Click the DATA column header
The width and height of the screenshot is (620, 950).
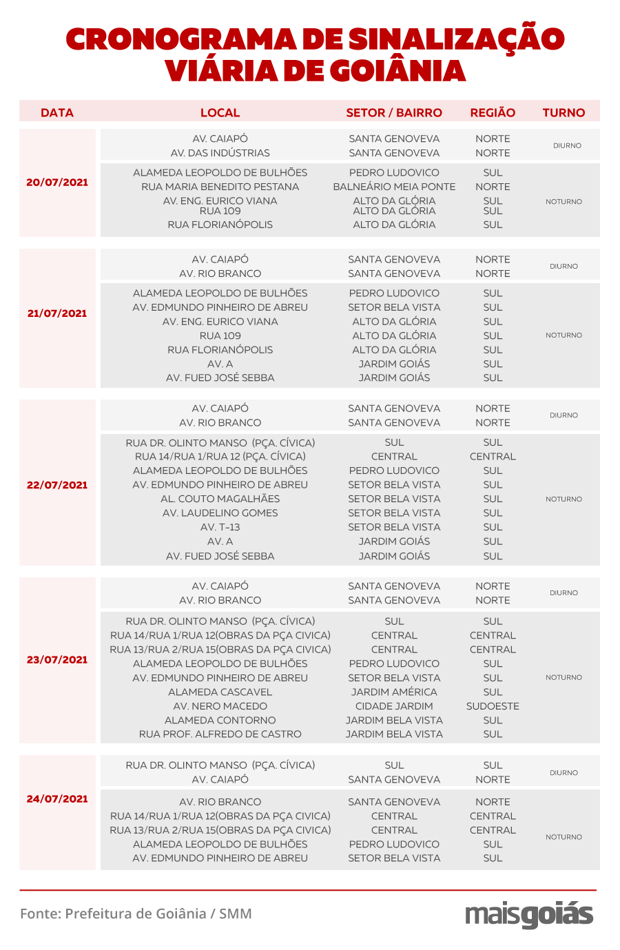point(57,112)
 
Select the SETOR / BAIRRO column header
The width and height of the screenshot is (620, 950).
point(394,112)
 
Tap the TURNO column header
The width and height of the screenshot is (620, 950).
point(564,112)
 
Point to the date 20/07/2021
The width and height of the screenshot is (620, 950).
point(57,183)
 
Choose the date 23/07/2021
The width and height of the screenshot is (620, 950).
point(57,660)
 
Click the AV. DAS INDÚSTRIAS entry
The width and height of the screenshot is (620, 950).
point(220,153)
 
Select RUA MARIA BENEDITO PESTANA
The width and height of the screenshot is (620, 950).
point(220,187)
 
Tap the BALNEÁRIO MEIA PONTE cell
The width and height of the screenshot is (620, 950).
point(394,187)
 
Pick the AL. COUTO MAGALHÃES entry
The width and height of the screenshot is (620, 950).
point(220,499)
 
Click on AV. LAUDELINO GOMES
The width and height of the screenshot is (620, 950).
point(220,513)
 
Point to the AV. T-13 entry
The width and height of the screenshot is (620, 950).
point(220,527)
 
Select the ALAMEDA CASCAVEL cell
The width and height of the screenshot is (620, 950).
point(220,692)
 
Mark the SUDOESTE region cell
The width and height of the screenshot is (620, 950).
point(493,706)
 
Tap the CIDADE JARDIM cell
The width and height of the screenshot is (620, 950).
point(394,706)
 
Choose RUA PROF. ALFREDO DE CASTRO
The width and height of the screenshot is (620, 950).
point(220,734)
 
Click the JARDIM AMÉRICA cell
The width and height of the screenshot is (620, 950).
point(394,692)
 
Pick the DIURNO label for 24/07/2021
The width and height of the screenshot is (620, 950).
point(564,773)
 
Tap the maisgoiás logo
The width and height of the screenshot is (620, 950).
point(529,915)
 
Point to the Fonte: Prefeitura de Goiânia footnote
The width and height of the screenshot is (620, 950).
point(136,914)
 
